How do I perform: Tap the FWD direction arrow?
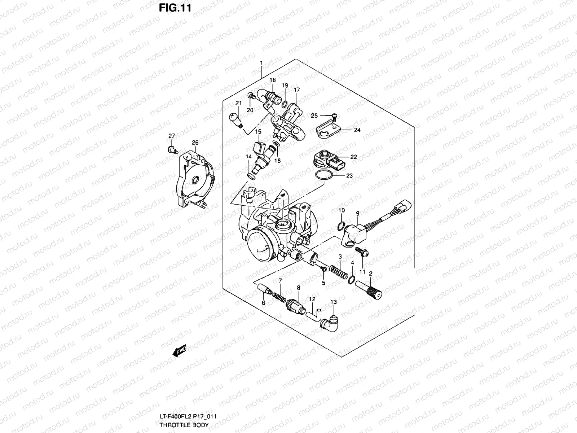pos(179,350)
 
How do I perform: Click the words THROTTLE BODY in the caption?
pos(184,425)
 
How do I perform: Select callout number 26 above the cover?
pos(195,143)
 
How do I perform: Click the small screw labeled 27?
pos(172,149)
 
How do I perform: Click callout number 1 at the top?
pos(261,63)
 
